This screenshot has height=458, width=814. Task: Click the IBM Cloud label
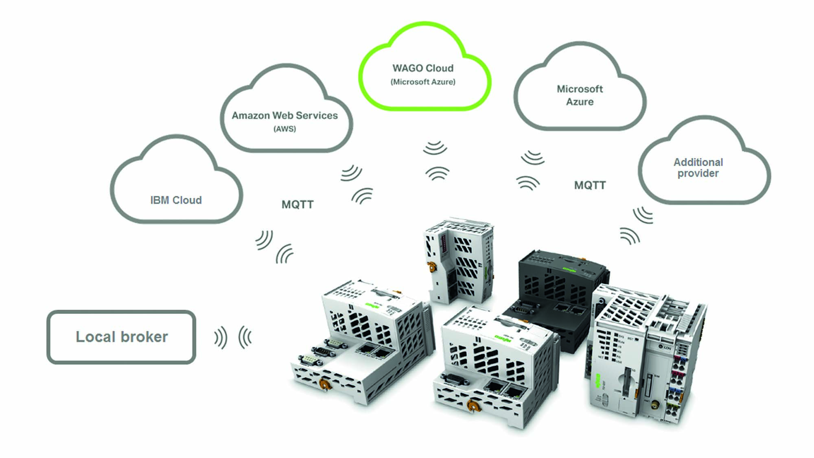pos(176,200)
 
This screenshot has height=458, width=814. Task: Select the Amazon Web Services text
pos(284,116)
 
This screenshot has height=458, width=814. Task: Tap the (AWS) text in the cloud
pos(284,129)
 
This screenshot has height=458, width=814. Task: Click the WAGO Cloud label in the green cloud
pos(423,68)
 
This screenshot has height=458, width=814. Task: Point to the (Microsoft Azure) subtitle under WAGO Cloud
pos(423,82)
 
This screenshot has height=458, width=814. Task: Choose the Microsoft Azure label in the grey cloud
pos(580,95)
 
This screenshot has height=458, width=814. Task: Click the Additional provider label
pos(698,168)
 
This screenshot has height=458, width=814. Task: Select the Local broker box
pos(121,337)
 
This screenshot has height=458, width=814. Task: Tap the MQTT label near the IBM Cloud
pos(298,204)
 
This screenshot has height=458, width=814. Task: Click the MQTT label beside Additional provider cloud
pos(590,186)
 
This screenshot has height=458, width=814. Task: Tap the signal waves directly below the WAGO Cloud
pos(436,160)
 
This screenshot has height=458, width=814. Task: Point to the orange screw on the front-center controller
pos(472,405)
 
